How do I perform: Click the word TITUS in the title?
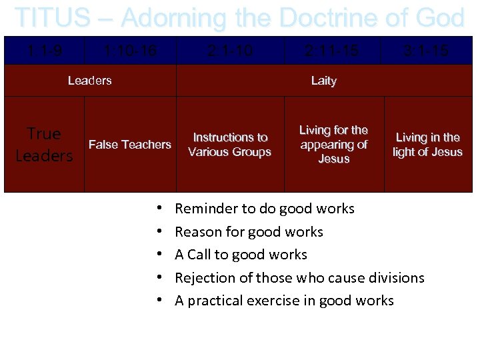(x=52, y=18)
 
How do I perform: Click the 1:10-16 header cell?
(x=130, y=51)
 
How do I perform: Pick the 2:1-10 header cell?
(x=230, y=51)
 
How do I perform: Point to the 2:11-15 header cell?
(x=333, y=51)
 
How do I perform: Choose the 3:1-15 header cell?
(x=427, y=51)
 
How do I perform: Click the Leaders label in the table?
(x=90, y=81)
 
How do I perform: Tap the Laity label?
(x=324, y=81)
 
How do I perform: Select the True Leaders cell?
(x=44, y=145)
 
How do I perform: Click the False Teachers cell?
(x=130, y=145)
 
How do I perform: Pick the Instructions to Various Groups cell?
(x=230, y=145)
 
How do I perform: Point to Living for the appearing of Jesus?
(x=333, y=145)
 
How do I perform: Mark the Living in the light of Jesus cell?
(x=427, y=145)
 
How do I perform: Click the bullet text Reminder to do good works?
(x=264, y=209)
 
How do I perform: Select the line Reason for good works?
(x=249, y=232)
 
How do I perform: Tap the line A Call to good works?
(x=241, y=255)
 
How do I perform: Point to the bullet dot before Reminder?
(x=161, y=209)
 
